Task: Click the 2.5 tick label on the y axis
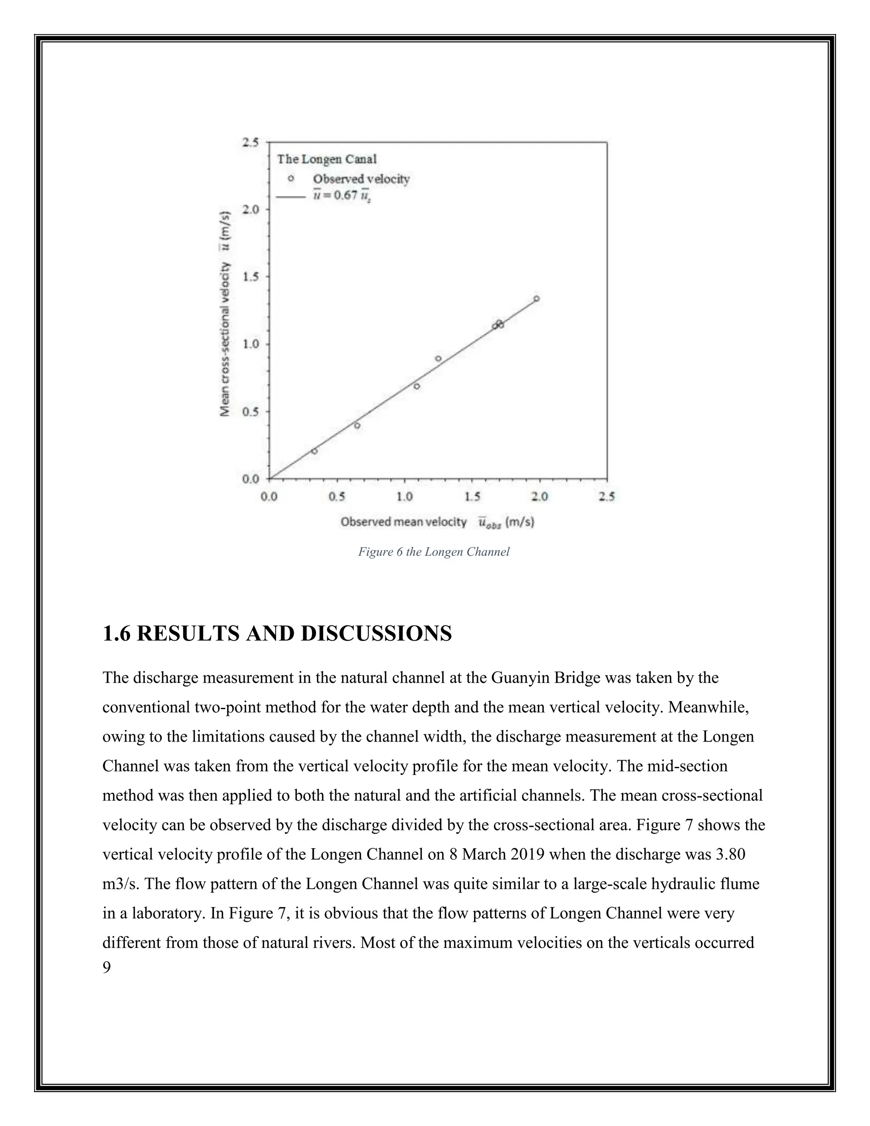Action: pyautogui.click(x=251, y=142)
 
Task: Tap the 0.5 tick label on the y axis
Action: pyautogui.click(x=251, y=411)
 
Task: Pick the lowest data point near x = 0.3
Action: pyautogui.click(x=314, y=451)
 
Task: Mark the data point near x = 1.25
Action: pyautogui.click(x=438, y=358)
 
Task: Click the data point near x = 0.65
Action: pyautogui.click(x=357, y=425)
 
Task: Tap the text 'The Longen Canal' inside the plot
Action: pyautogui.click(x=327, y=159)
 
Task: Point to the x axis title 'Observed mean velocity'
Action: pyautogui.click(x=403, y=522)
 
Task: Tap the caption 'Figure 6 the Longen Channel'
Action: pyautogui.click(x=433, y=552)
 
